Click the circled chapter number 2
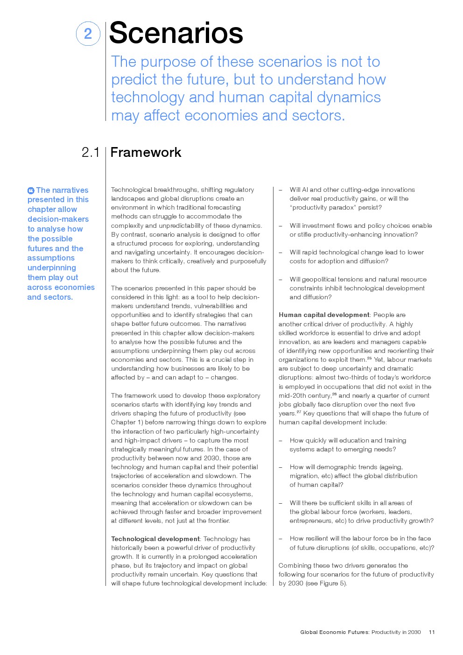pyautogui.click(x=88, y=34)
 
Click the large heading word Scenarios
pyautogui.click(x=176, y=33)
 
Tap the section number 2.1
pyautogui.click(x=91, y=152)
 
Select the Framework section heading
pyautogui.click(x=146, y=152)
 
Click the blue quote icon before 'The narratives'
pyautogui.click(x=31, y=190)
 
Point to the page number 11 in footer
pyautogui.click(x=432, y=632)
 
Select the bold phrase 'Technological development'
pyautogui.click(x=155, y=539)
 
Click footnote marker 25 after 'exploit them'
pyautogui.click(x=369, y=359)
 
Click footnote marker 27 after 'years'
pyautogui.click(x=299, y=412)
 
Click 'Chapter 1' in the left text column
pyautogui.click(x=127, y=422)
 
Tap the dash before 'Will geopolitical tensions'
pyautogui.click(x=281, y=280)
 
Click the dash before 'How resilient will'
pyautogui.click(x=281, y=539)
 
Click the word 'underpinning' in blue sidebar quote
pyautogui.click(x=51, y=268)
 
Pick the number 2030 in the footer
pyautogui.click(x=414, y=632)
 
